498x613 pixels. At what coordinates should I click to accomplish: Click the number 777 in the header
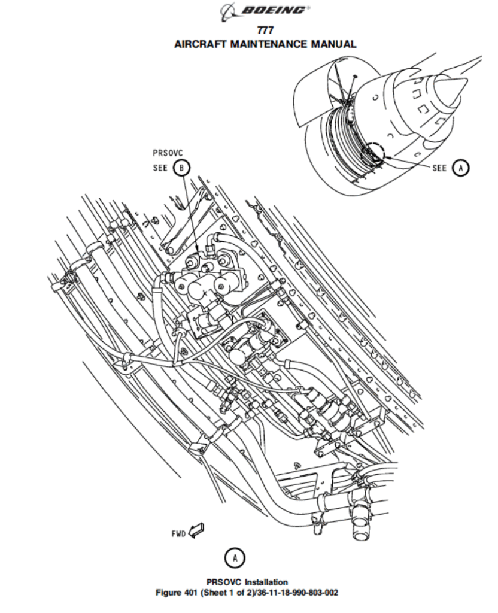pyautogui.click(x=265, y=30)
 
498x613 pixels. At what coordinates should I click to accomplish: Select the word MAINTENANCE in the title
pyautogui.click(x=269, y=44)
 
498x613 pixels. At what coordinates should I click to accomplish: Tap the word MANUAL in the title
pyautogui.click(x=333, y=44)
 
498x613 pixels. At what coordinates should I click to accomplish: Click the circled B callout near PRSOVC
pyautogui.click(x=181, y=168)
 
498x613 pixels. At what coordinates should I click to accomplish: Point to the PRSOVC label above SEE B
pyautogui.click(x=168, y=153)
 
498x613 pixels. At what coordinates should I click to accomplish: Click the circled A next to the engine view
pyautogui.click(x=460, y=168)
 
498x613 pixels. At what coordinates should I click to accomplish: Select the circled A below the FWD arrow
pyautogui.click(x=235, y=557)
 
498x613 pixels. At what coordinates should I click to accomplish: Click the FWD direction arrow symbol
pyautogui.click(x=196, y=530)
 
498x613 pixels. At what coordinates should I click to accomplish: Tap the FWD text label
pyautogui.click(x=178, y=533)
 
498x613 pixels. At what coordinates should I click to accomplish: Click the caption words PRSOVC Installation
pyautogui.click(x=247, y=582)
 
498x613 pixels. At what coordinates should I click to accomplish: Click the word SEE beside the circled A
pyautogui.click(x=439, y=168)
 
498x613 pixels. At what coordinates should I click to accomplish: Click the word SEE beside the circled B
pyautogui.click(x=160, y=168)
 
